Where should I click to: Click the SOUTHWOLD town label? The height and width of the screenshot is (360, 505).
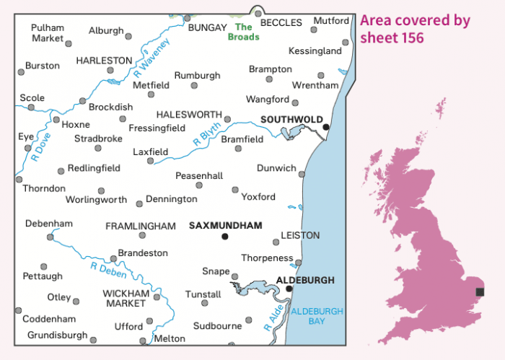pyautogui.click(x=291, y=120)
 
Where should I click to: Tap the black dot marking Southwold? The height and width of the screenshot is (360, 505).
pyautogui.click(x=326, y=127)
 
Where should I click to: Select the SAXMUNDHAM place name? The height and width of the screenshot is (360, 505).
pyautogui.click(x=225, y=226)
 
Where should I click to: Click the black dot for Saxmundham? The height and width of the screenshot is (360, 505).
pyautogui.click(x=225, y=236)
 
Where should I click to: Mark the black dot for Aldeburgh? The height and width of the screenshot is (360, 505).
pyautogui.click(x=289, y=289)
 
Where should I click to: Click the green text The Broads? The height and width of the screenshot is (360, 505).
pyautogui.click(x=243, y=32)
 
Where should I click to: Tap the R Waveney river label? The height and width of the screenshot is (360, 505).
pyautogui.click(x=151, y=58)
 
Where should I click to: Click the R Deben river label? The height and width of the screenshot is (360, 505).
pyautogui.click(x=109, y=270)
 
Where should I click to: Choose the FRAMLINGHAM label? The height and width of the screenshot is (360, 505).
pyautogui.click(x=141, y=227)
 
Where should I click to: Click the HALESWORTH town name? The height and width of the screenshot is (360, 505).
pyautogui.click(x=189, y=115)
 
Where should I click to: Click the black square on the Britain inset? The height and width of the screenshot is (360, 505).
pyautogui.click(x=480, y=292)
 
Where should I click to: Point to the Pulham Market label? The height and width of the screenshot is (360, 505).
pyautogui.click(x=48, y=32)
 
